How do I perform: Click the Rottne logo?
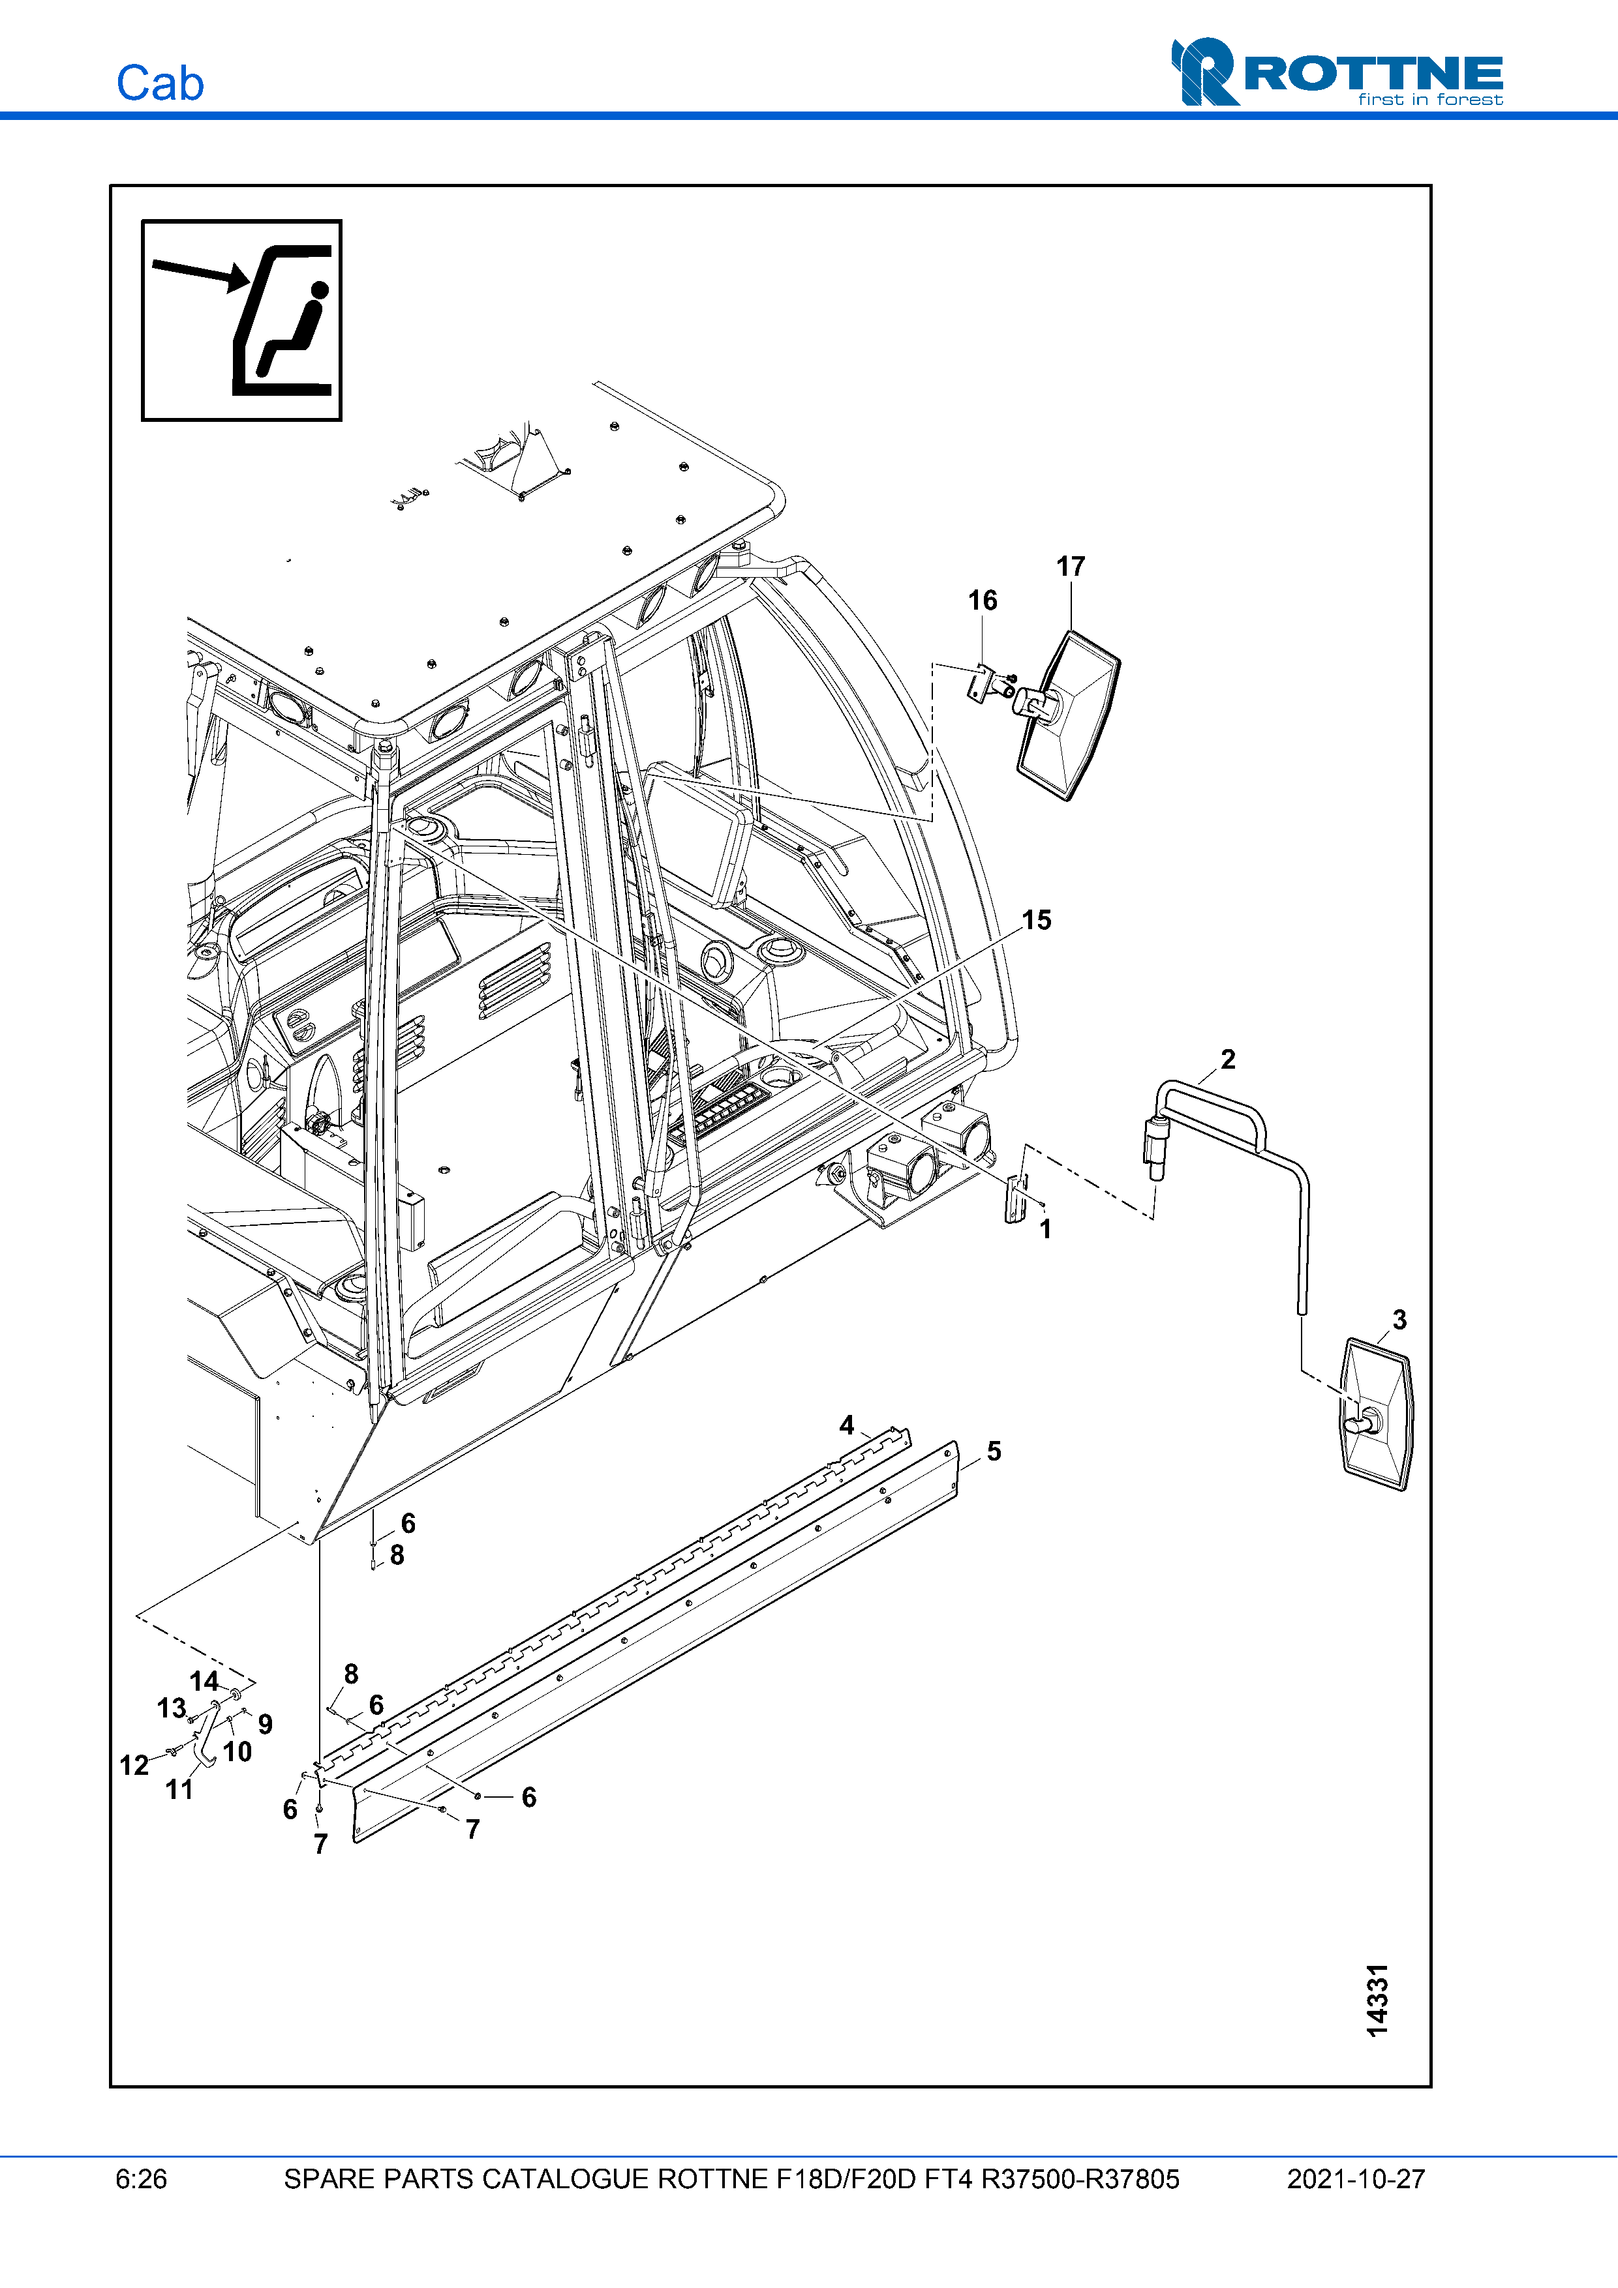point(1337,73)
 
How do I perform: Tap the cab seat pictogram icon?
point(242,320)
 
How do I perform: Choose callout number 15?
point(1037,921)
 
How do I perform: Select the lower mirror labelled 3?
point(1377,1415)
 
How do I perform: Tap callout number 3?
point(1399,1320)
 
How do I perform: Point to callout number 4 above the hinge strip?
point(846,1425)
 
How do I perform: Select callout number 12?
point(134,1766)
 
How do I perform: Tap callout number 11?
point(179,1790)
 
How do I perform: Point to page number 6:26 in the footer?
point(142,2179)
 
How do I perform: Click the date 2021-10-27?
point(1356,2179)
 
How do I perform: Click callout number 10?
point(237,1752)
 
